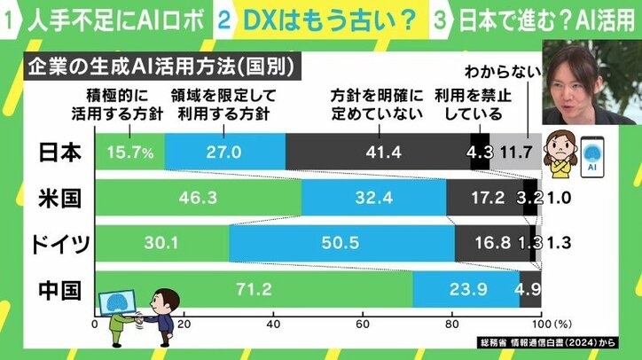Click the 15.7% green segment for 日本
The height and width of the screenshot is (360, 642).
pyautogui.click(x=129, y=153)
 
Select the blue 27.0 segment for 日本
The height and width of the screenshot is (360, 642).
pyautogui.click(x=225, y=153)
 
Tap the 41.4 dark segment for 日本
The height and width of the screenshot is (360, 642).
pyautogui.click(x=377, y=153)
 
